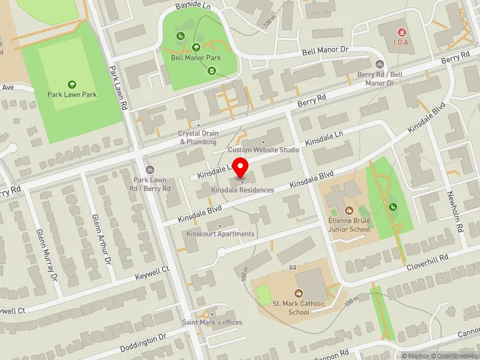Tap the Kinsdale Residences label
[x=242, y=190]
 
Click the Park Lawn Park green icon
[x=73, y=85]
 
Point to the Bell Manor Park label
[x=196, y=58]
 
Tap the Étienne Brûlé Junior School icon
[x=349, y=210]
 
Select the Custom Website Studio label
[x=263, y=149]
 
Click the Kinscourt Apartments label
[x=220, y=233]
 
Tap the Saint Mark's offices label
[x=212, y=322]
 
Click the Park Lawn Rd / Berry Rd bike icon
[x=150, y=169]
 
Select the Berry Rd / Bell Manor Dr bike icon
[x=379, y=64]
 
